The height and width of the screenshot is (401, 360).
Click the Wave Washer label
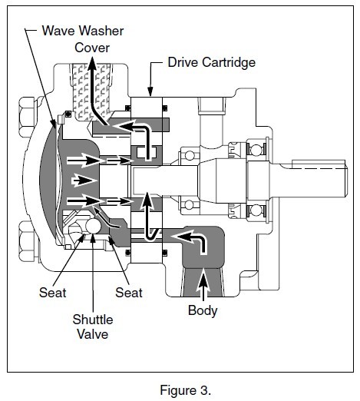coord(83,31)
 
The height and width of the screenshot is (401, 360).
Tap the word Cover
coord(92,48)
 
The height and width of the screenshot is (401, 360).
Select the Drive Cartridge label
coord(212,62)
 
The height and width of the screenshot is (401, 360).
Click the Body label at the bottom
coord(203,310)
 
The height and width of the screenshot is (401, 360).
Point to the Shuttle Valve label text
coord(93,327)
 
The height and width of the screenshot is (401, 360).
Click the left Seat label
coord(52,293)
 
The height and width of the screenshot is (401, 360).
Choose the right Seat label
coord(129,293)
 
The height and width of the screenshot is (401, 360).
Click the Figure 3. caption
coord(186,390)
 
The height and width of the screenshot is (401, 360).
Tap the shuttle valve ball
coord(93,227)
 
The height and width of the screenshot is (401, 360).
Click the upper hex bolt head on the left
coord(28,112)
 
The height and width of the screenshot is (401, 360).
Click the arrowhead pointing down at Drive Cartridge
coord(150,91)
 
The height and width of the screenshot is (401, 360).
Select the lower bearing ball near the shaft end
coord(256,210)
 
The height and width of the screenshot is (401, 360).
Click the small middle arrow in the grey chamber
coord(84,181)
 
